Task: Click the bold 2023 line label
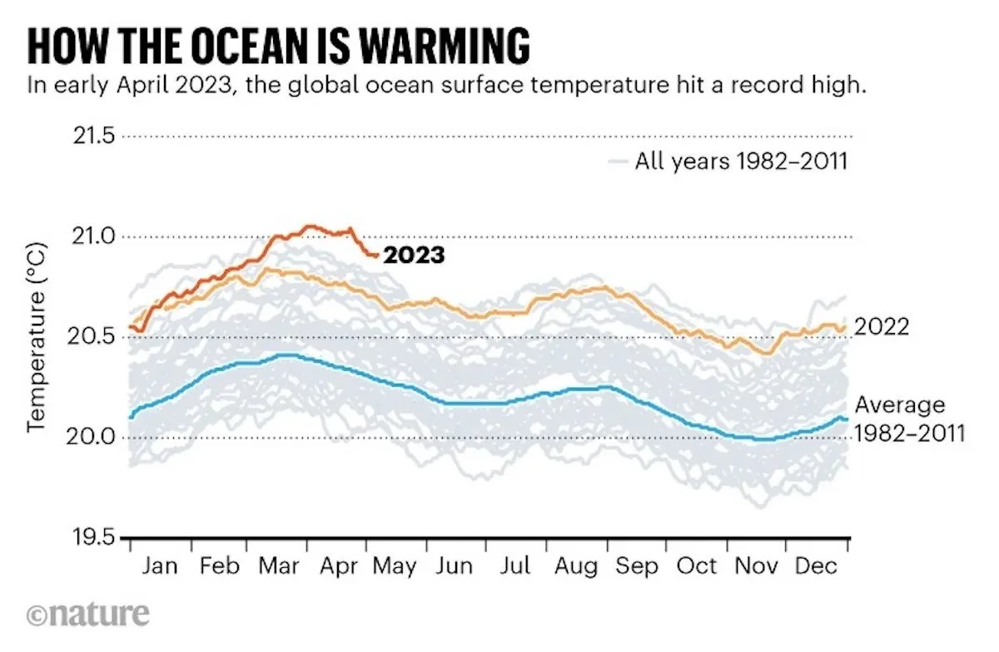click(x=413, y=256)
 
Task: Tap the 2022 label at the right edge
click(x=882, y=328)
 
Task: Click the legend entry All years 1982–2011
click(x=740, y=161)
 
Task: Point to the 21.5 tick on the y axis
click(x=91, y=137)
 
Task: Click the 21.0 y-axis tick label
click(x=91, y=237)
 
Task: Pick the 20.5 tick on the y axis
click(x=91, y=337)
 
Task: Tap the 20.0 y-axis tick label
click(x=91, y=437)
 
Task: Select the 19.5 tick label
click(x=91, y=538)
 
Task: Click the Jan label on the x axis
click(x=160, y=567)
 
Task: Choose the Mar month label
click(x=278, y=567)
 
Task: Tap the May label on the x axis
click(x=395, y=567)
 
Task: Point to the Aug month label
click(x=576, y=567)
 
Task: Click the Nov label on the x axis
click(x=758, y=567)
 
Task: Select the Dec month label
click(x=818, y=567)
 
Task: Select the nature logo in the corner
click(x=88, y=615)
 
